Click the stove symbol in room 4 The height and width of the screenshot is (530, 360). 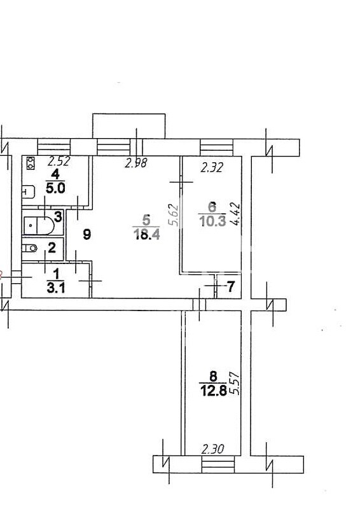[31, 164]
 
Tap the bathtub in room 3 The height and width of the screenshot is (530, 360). [39, 225]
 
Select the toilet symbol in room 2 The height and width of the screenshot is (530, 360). [29, 248]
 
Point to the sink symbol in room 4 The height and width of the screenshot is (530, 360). [29, 192]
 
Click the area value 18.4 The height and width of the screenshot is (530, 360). [147, 234]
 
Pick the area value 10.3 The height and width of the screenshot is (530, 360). [212, 221]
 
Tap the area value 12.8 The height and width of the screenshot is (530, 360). [213, 391]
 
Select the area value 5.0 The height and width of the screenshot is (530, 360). [55, 188]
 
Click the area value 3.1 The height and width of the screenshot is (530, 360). [56, 288]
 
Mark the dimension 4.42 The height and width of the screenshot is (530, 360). [235, 214]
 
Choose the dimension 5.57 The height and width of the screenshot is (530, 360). [234, 383]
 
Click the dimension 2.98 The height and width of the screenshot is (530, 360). [136, 164]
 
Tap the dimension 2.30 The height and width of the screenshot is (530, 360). [212, 449]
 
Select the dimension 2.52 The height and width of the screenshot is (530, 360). [59, 161]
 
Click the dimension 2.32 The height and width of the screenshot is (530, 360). [212, 167]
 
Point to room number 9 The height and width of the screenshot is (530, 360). [87, 234]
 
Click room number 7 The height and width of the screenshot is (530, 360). [231, 287]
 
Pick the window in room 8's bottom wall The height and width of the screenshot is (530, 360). [218, 464]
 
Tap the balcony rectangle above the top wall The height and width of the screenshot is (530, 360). [129, 126]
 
